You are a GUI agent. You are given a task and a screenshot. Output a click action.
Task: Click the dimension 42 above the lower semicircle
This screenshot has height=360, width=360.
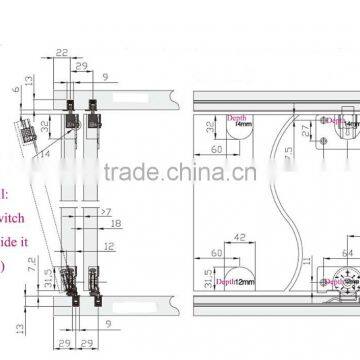(x=239, y=236)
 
